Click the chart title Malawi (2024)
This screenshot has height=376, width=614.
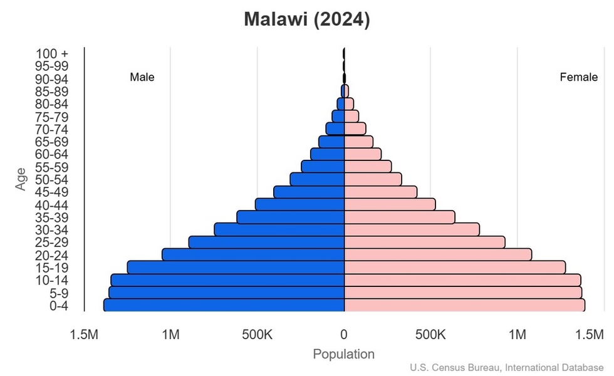pos(307,19)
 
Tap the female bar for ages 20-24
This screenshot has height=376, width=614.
pos(438,254)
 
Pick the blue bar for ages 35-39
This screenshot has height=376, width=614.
pos(291,217)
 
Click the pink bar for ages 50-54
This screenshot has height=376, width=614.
pos(373,179)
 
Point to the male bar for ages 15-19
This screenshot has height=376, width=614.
pos(236,267)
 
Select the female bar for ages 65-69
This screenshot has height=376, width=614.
pos(358,142)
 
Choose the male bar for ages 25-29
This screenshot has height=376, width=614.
pos(267,242)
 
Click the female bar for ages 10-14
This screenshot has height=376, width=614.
pos(462,279)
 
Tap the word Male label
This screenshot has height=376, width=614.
pos(142,78)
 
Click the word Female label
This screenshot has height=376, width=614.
pos(578,78)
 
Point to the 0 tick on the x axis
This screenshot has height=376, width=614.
pos(344,335)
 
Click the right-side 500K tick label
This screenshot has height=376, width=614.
pos(430,335)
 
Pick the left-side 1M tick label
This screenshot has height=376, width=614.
pos(170,335)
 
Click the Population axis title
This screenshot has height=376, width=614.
pos(344,354)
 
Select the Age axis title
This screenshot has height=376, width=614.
pos(22,179)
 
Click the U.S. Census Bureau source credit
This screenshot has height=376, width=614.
pos(507,367)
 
